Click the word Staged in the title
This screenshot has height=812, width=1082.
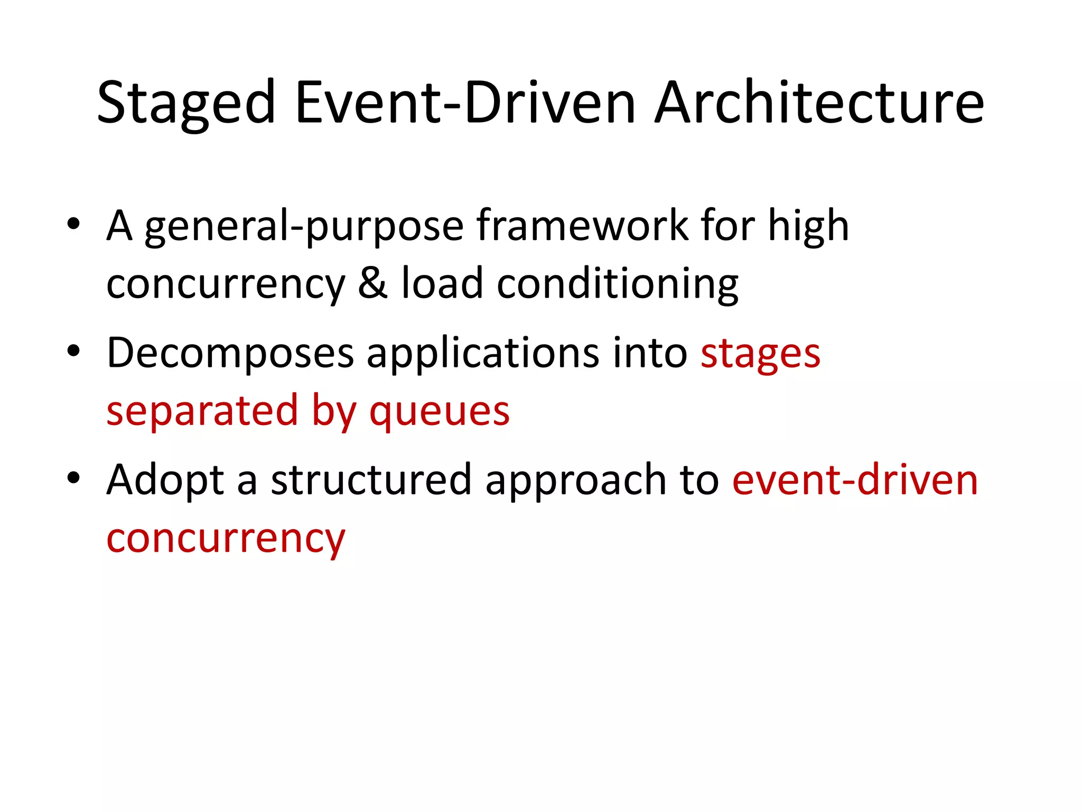[186, 103]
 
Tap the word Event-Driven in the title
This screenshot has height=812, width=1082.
[465, 103]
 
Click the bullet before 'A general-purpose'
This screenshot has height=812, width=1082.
[73, 224]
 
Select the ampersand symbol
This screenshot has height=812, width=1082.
[373, 283]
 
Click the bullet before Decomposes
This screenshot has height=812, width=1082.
[73, 350]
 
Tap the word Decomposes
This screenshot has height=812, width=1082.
[230, 353]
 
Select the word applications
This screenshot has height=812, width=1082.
[483, 353]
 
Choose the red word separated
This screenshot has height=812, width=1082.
[202, 411]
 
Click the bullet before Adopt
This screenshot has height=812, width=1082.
[73, 477]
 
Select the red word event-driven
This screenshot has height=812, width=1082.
[855, 480]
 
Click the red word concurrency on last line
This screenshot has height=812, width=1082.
[226, 539]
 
